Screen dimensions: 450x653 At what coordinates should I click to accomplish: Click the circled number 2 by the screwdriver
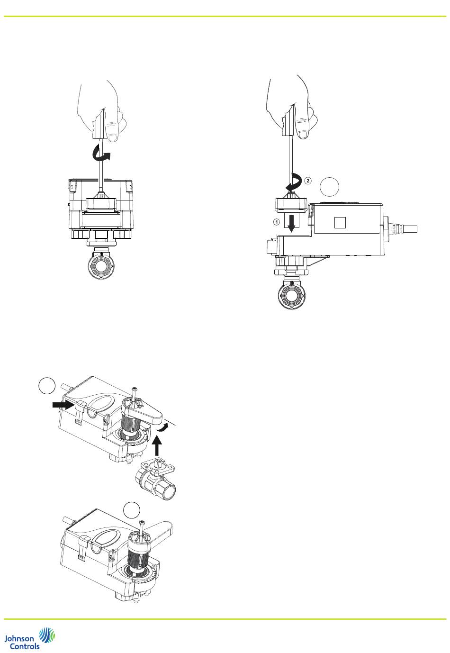coord(308,181)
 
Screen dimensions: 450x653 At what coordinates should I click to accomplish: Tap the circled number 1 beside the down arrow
coord(276,222)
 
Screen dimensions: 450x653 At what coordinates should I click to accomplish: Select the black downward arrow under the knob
coord(291,224)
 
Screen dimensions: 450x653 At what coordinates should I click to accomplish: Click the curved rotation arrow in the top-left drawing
coord(101,153)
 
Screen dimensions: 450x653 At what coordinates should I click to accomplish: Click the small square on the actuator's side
coord(340,222)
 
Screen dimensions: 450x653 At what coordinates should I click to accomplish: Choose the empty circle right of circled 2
coord(329,187)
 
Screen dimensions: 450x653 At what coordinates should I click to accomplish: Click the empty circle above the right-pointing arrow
coord(47,386)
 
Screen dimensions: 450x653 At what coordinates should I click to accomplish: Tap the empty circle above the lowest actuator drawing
coord(131,510)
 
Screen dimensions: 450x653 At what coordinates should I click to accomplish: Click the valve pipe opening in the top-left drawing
coord(101,265)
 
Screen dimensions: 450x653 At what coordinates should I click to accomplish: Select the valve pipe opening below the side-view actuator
coord(291,296)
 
